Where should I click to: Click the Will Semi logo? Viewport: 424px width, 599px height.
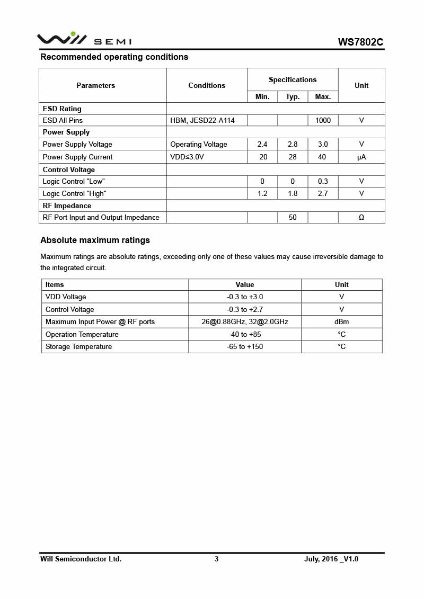tap(84, 39)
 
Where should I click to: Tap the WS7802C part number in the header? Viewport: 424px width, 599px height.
tap(360, 42)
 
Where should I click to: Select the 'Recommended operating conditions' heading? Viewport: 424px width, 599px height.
tap(114, 57)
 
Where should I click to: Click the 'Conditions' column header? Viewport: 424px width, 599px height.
tap(207, 85)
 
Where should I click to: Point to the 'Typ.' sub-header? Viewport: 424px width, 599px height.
tap(293, 96)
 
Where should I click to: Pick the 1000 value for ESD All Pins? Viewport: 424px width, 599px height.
tap(323, 120)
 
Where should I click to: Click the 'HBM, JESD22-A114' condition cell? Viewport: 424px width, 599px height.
tap(202, 120)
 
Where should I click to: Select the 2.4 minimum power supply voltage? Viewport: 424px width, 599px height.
tap(262, 144)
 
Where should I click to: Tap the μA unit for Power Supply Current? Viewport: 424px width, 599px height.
tap(361, 157)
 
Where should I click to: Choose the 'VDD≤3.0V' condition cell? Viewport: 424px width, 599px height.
tap(187, 157)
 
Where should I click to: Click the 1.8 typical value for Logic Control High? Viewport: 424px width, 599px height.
tap(293, 193)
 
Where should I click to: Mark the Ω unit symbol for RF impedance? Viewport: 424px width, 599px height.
tap(361, 217)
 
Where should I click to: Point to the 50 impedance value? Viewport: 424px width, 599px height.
tap(293, 217)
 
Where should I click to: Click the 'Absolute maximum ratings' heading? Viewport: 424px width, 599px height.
tap(95, 240)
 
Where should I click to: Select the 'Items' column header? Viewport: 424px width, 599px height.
tap(55, 284)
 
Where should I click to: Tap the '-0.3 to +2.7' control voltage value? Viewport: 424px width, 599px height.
tap(245, 309)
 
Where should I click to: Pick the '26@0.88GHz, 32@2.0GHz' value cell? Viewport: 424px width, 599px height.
tap(245, 321)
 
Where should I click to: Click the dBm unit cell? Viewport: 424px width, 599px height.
tap(342, 321)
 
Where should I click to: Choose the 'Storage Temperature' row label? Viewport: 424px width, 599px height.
tap(78, 346)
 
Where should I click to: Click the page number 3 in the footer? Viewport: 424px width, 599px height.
tap(216, 559)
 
